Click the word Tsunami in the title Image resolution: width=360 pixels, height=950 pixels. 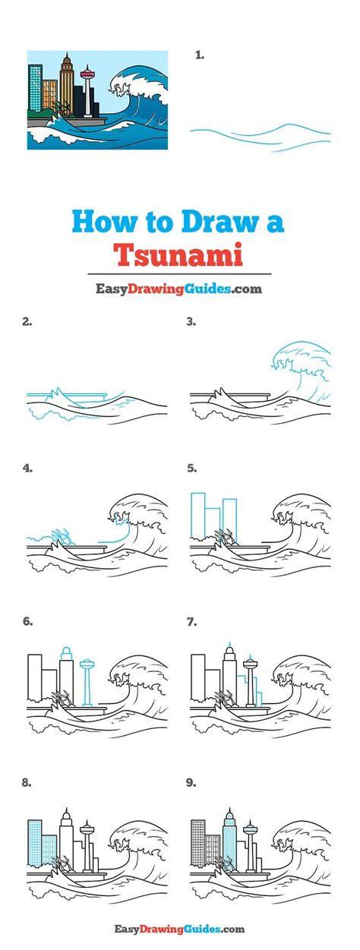point(179,254)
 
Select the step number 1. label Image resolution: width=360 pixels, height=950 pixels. point(200,55)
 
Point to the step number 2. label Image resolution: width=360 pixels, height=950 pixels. point(27,321)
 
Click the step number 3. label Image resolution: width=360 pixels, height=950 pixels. point(191,321)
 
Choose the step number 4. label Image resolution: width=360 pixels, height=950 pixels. point(27,469)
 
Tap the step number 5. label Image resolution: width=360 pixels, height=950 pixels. point(191,469)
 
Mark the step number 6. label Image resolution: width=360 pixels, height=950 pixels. point(27,621)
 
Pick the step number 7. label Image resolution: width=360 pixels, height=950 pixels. point(191,621)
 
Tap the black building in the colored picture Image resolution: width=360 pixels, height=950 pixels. point(80,101)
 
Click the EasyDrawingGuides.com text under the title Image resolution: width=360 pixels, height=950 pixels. point(178,289)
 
